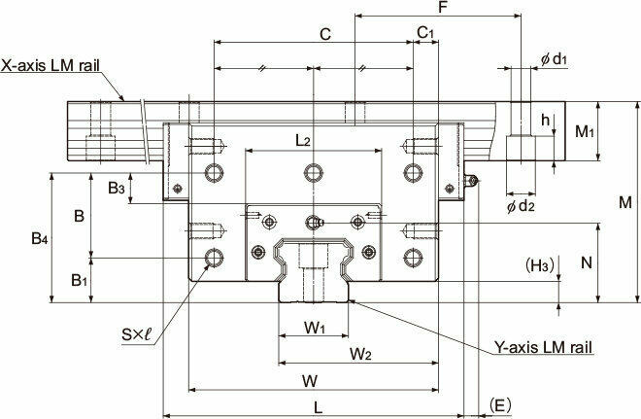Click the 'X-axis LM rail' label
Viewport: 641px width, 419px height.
click(50, 65)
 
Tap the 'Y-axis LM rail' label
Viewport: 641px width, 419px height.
click(543, 347)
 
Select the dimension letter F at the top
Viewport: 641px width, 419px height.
click(442, 8)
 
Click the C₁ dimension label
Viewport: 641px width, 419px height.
click(425, 32)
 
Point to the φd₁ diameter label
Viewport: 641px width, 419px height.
click(554, 59)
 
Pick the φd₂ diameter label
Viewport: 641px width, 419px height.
click(521, 206)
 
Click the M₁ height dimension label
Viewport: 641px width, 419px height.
click(585, 132)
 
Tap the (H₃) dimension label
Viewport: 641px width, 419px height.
click(540, 266)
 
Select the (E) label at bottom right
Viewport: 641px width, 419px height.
click(500, 405)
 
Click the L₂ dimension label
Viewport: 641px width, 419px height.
click(303, 141)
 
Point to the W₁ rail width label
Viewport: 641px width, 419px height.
click(315, 328)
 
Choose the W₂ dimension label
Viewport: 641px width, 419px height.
click(360, 354)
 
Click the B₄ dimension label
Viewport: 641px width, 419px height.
click(40, 238)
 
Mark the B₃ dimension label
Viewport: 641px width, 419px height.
click(117, 189)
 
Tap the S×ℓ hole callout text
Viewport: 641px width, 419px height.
click(137, 335)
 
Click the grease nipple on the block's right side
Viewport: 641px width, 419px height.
click(471, 181)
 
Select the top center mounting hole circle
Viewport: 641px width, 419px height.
click(314, 172)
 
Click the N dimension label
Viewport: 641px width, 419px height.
click(587, 262)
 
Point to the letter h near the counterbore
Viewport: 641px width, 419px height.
click(546, 120)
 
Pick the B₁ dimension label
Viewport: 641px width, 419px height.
click(80, 281)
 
